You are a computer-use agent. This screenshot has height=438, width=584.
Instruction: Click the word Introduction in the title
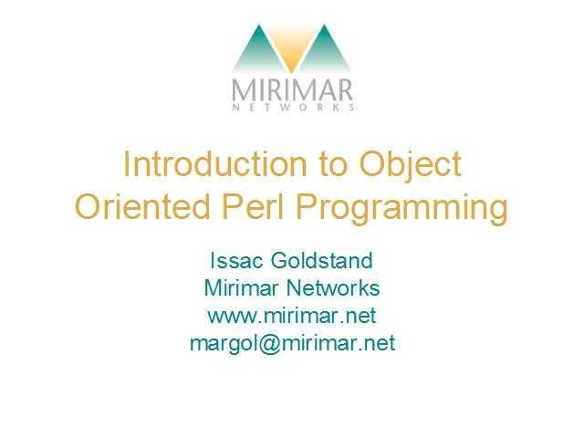[x=215, y=164]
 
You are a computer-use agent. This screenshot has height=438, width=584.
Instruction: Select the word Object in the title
[x=410, y=166]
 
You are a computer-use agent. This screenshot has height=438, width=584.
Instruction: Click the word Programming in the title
[x=401, y=209]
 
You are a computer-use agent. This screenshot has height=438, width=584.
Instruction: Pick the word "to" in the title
[x=332, y=165]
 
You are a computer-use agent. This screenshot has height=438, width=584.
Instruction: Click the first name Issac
[x=237, y=260]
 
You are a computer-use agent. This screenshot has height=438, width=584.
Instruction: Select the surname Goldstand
[x=321, y=260]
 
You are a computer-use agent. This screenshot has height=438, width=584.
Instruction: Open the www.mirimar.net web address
[x=292, y=316]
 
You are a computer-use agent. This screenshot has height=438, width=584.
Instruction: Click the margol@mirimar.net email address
[x=292, y=343]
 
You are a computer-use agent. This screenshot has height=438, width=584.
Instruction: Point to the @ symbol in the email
[x=266, y=343]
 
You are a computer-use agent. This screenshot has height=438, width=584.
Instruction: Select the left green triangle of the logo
[x=257, y=52]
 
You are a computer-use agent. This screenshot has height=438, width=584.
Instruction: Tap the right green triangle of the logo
[x=325, y=52]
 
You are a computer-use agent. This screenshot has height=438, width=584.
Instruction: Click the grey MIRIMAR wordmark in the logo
[x=292, y=89]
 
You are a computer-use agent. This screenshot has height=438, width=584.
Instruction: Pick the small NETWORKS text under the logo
[x=293, y=108]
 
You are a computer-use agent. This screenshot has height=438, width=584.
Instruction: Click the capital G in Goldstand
[x=279, y=260]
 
